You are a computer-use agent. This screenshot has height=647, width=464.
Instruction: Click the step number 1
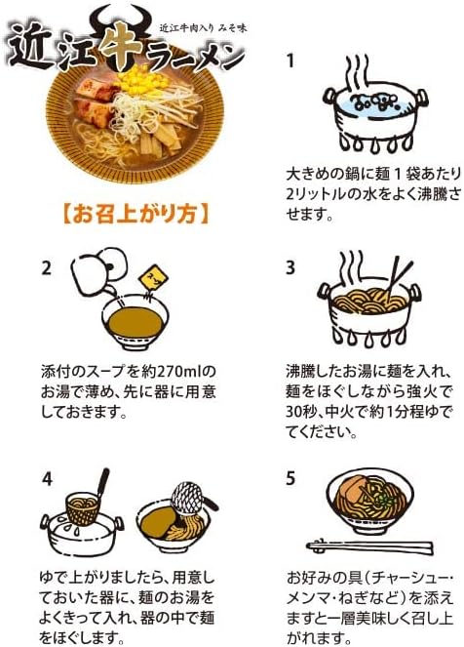[290, 61]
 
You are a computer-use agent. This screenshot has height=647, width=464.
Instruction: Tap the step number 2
[46, 266]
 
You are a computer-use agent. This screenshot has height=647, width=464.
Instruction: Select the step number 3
[290, 266]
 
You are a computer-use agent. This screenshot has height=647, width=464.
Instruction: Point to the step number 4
[46, 478]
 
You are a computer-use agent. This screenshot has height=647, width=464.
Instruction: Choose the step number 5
[290, 478]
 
